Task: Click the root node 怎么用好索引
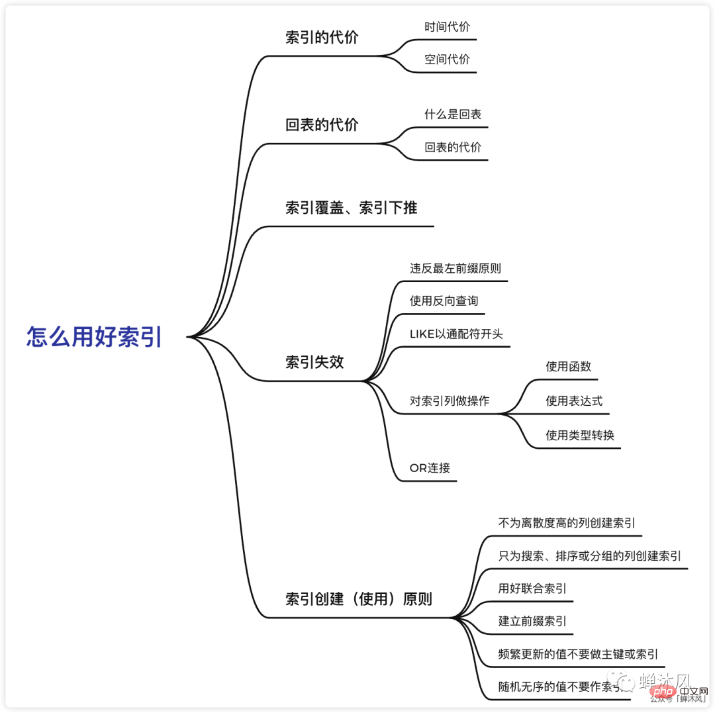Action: click(94, 337)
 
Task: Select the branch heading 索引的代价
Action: click(322, 38)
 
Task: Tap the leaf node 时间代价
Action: click(447, 27)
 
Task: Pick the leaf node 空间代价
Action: click(447, 59)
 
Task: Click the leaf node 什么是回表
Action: click(453, 115)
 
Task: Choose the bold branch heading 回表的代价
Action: click(322, 124)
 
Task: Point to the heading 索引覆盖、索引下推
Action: click(351, 208)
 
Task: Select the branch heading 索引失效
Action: click(314, 362)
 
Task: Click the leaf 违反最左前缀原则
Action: click(455, 268)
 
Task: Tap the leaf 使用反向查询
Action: click(443, 301)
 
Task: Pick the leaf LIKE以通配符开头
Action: click(456, 334)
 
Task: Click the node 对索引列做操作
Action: click(450, 401)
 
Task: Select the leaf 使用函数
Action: click(568, 367)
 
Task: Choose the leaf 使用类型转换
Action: click(580, 435)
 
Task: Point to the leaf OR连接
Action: click(430, 467)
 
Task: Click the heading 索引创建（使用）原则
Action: click(358, 599)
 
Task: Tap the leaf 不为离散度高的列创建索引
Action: click(567, 523)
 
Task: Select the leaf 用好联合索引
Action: click(532, 588)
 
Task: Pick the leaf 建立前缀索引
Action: click(532, 621)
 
